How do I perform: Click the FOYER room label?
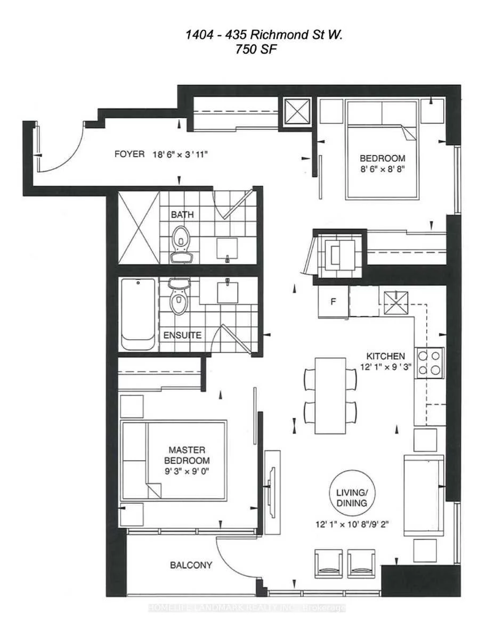point(129,154)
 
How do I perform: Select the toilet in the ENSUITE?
point(179,296)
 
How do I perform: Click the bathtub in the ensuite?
point(138,314)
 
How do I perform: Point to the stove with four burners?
point(429,363)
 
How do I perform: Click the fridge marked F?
point(334,301)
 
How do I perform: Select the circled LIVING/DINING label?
point(352,497)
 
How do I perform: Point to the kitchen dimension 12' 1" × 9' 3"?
point(385,367)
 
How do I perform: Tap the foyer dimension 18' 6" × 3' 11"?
point(180,154)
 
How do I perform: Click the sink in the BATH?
point(227,249)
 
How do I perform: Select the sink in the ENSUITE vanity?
point(228,292)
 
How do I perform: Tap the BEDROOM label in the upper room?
point(383,158)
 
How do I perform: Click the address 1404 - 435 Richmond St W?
point(264,35)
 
